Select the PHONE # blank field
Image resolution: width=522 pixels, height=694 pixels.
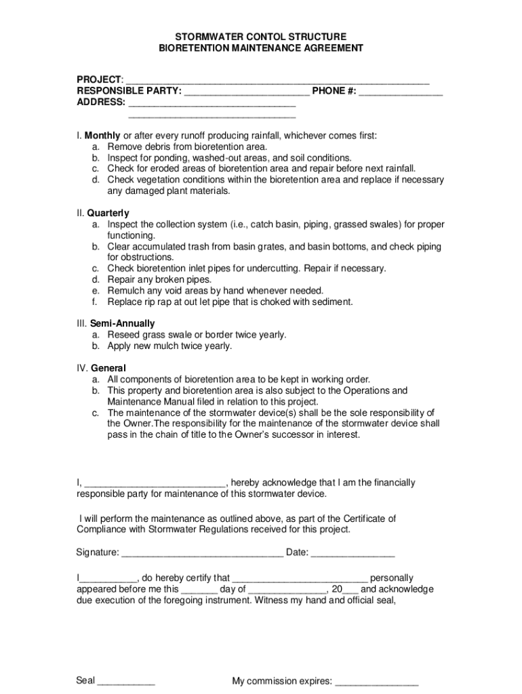(401, 91)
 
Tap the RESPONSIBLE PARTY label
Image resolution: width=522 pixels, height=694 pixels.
(129, 91)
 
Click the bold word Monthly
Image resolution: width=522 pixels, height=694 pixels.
(102, 136)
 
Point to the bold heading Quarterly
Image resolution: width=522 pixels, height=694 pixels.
(108, 213)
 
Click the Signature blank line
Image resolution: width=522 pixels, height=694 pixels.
(202, 552)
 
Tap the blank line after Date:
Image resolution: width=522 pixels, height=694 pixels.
(353, 552)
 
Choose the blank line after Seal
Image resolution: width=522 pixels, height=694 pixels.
(127, 680)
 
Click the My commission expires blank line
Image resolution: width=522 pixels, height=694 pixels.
(376, 680)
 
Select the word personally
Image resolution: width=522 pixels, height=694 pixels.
(392, 578)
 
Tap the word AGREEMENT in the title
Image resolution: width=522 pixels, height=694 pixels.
(329, 48)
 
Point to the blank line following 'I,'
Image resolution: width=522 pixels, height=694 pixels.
(155, 483)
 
